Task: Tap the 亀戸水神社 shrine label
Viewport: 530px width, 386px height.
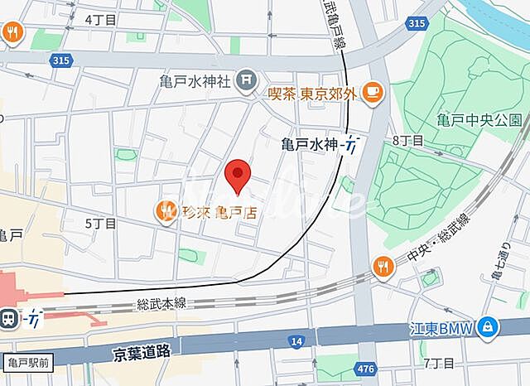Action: click(x=195, y=81)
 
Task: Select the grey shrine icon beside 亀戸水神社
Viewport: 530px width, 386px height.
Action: click(x=246, y=80)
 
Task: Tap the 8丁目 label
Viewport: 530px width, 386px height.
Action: click(x=407, y=140)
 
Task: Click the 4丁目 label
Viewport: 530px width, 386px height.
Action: click(x=100, y=17)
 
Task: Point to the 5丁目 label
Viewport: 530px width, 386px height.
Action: click(x=100, y=223)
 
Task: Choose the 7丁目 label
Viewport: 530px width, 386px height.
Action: click(x=439, y=363)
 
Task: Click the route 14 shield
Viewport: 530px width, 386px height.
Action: click(x=296, y=340)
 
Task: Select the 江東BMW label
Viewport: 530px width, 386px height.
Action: click(x=441, y=329)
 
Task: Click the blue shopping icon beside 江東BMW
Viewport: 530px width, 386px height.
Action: click(x=489, y=328)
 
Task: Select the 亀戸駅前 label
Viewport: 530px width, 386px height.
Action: click(x=26, y=362)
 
